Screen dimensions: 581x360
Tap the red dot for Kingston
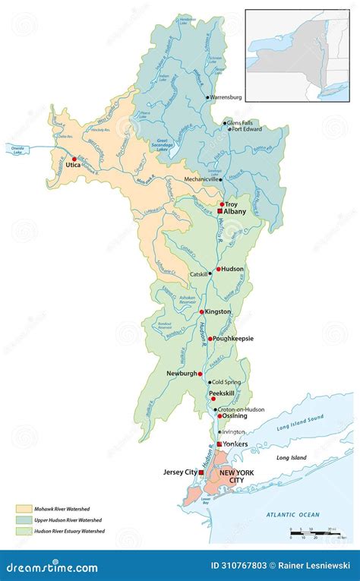[201, 311]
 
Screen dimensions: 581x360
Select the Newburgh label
[182, 373]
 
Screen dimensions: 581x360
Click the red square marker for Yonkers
[219, 443]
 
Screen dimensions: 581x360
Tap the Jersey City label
[179, 472]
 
